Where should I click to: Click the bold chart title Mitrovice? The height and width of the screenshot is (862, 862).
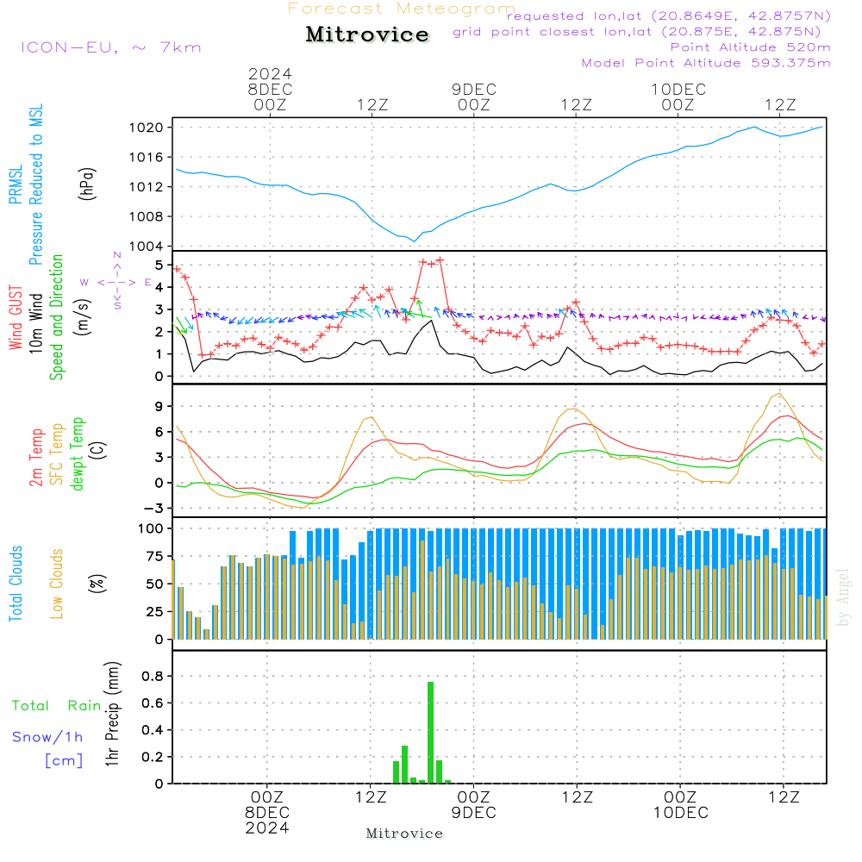367,34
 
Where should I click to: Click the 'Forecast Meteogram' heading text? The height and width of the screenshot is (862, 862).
402,9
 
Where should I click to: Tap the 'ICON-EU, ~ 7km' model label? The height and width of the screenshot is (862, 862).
110,47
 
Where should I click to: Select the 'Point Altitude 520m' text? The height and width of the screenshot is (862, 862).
750,47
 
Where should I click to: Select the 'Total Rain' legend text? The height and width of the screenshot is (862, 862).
57,706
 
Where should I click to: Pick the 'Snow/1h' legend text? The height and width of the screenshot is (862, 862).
47,737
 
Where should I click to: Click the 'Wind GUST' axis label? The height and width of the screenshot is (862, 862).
16,319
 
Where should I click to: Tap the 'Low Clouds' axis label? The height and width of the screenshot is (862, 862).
58,581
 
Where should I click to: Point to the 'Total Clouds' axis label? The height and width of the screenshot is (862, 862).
16,584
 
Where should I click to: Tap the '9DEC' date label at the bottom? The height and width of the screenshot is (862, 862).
473,813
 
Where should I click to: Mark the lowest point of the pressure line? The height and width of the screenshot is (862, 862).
415,240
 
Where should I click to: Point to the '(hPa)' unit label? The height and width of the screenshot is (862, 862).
86,184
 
